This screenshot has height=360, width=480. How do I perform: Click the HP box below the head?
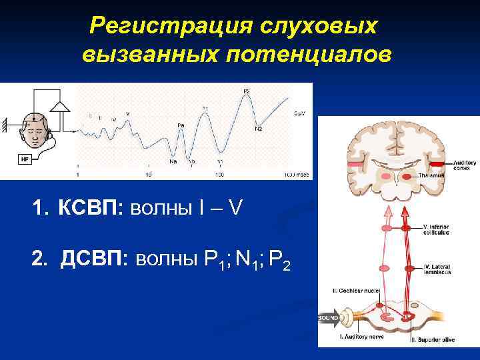(25, 159)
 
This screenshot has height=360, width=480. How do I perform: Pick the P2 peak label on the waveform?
(246, 91)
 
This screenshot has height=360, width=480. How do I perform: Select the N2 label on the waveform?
(258, 129)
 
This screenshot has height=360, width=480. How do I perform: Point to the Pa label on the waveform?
(181, 125)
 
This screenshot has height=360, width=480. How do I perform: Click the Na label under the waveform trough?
(173, 161)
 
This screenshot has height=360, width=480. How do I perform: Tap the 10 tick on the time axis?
(148, 174)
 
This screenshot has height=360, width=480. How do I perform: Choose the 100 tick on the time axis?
(219, 174)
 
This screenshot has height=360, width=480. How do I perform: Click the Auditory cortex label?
(463, 164)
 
